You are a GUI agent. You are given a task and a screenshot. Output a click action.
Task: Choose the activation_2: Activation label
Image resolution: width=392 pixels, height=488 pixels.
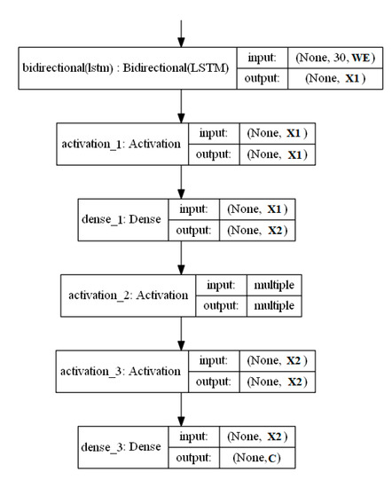[x=124, y=294]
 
